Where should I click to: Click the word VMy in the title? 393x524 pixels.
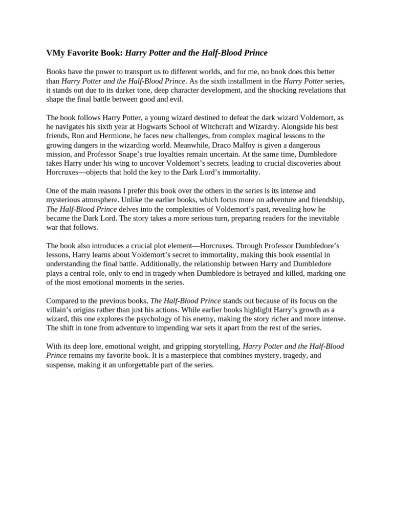[55, 53]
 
